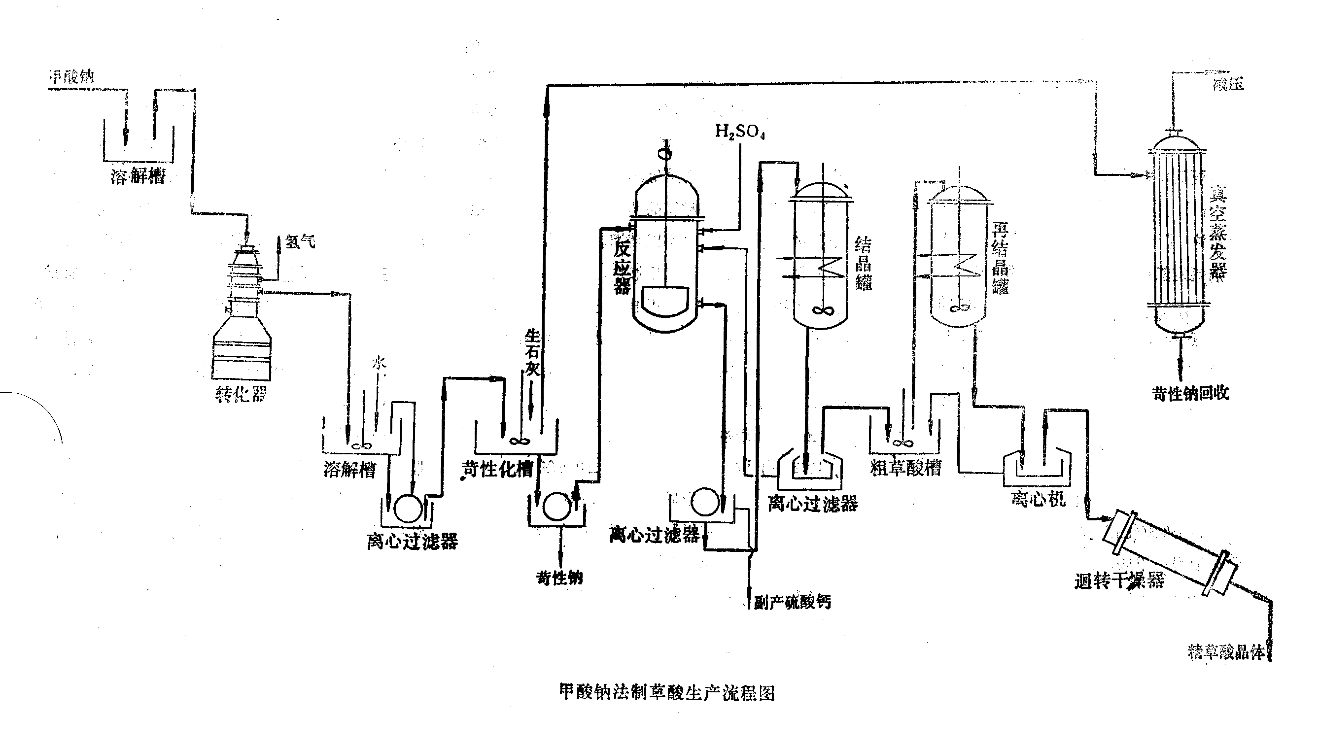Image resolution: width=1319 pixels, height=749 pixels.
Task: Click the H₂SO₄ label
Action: click(x=740, y=132)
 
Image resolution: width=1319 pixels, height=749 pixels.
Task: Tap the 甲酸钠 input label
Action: click(x=71, y=77)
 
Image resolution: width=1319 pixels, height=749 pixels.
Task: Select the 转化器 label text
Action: click(x=241, y=394)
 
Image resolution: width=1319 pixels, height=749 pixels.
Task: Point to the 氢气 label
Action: click(x=300, y=241)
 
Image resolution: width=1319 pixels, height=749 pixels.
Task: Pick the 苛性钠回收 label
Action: click(x=1190, y=394)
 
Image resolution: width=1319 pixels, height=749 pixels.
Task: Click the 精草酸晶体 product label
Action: click(x=1226, y=652)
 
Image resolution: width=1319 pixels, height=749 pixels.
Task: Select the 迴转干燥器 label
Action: click(x=1119, y=581)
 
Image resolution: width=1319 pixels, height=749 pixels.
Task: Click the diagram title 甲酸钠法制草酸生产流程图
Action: click(x=667, y=692)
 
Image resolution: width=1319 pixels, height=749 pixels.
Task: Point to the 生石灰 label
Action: click(x=532, y=353)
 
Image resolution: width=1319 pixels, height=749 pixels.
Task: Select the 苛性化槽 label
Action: click(x=497, y=469)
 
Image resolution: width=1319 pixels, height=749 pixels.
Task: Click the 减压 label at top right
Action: click(x=1228, y=84)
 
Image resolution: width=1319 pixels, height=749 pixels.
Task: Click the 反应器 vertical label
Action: click(x=623, y=268)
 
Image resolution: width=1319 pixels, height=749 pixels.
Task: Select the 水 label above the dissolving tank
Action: click(x=379, y=364)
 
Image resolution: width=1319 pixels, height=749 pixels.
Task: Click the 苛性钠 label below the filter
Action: click(x=559, y=578)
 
